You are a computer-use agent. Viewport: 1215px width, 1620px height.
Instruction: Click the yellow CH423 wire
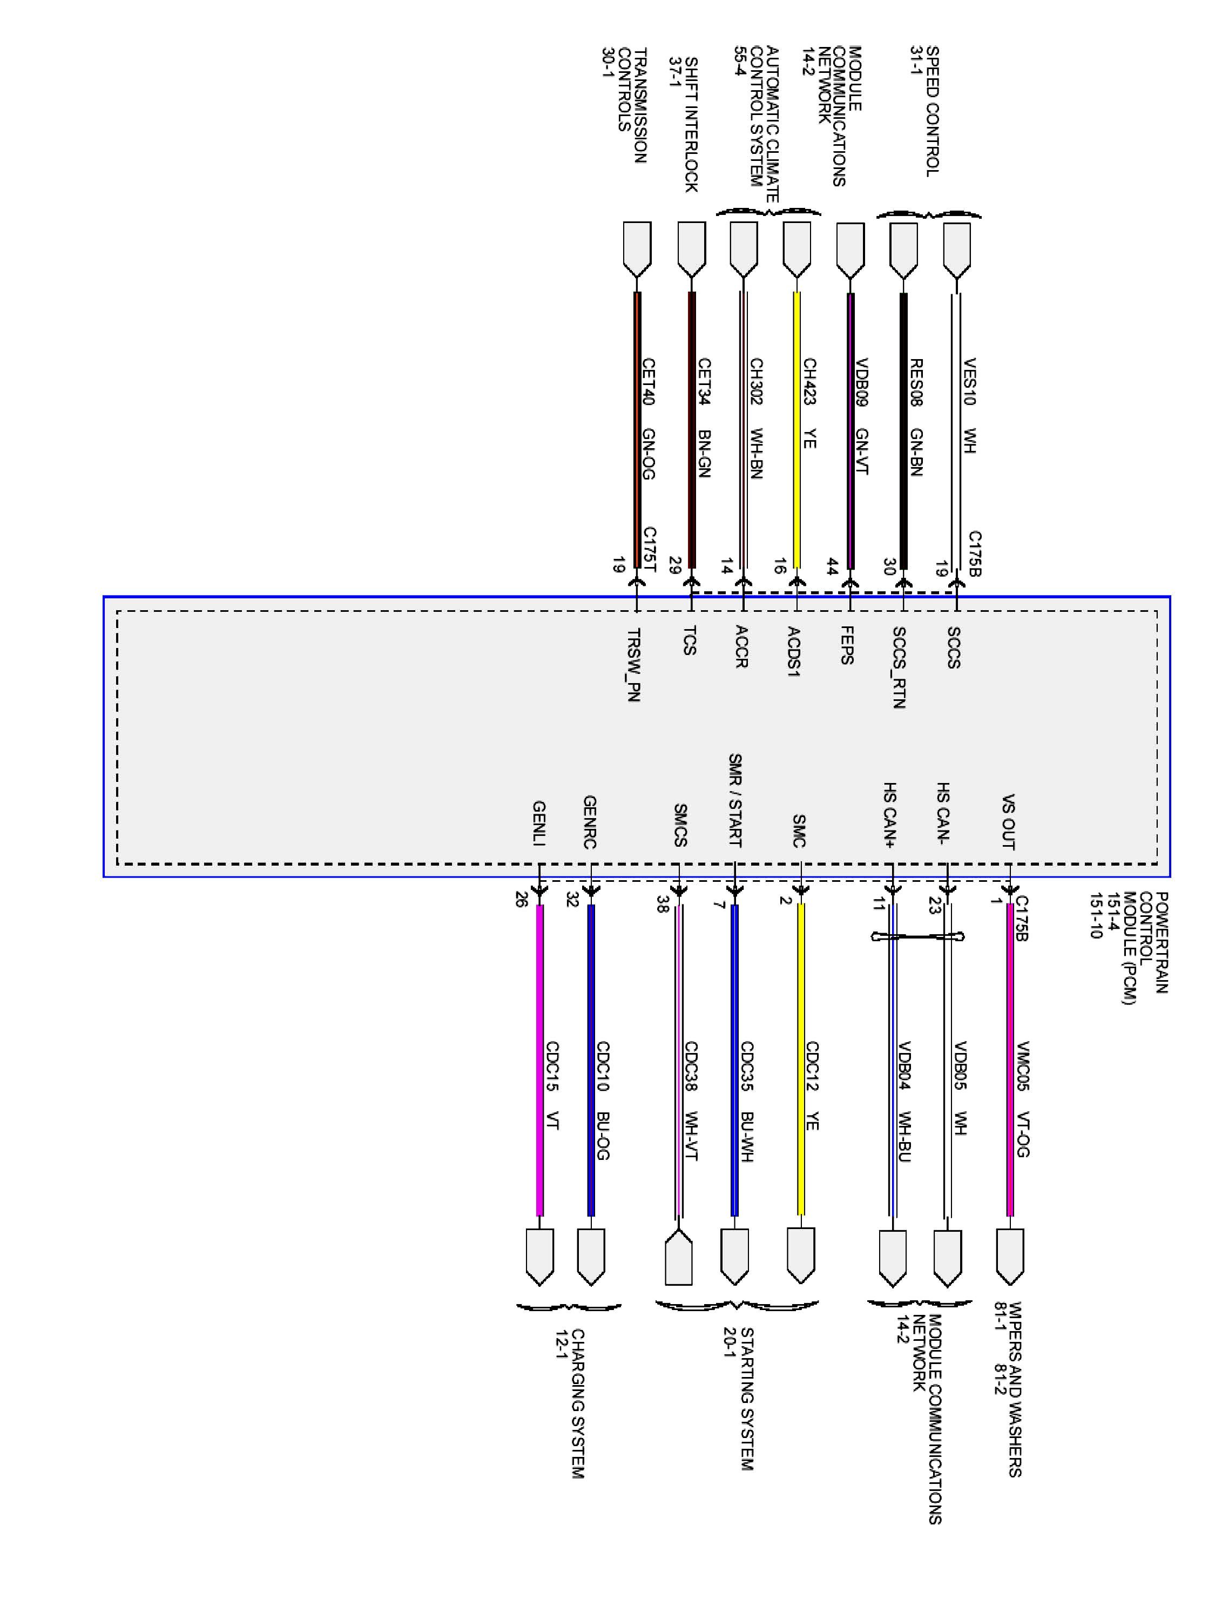coord(797,440)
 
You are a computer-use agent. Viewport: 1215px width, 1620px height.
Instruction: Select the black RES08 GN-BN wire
coord(903,440)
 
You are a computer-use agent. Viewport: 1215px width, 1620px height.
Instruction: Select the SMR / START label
coord(734,800)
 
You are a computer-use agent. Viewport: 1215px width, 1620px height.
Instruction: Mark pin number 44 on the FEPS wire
coord(832,566)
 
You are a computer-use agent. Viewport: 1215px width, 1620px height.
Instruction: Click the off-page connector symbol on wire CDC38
coord(679,1257)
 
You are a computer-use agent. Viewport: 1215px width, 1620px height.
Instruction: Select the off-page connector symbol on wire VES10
coord(956,249)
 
